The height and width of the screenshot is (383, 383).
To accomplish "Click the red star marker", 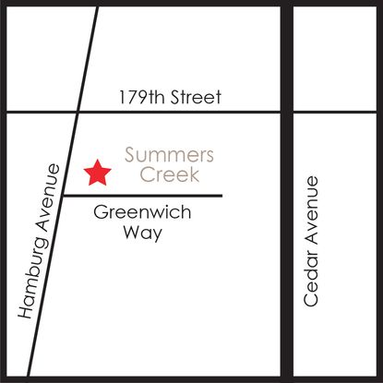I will pyautogui.click(x=97, y=172).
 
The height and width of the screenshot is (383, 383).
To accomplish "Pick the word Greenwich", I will pyautogui.click(x=143, y=213).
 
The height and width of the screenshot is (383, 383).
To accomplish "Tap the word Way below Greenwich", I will pyautogui.click(x=143, y=233).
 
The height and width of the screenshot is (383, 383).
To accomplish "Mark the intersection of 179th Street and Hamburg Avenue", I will pyautogui.click(x=78, y=113).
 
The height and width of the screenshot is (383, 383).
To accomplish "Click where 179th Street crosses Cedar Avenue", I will pyautogui.click(x=287, y=113).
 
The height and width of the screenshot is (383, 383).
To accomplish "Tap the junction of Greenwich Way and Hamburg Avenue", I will pyautogui.click(x=62, y=196).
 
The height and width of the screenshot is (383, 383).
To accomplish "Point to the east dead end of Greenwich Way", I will pyautogui.click(x=221, y=196).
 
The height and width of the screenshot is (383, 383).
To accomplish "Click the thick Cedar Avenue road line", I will pyautogui.click(x=287, y=277).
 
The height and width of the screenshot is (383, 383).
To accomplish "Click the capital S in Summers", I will pyautogui.click(x=130, y=154).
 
